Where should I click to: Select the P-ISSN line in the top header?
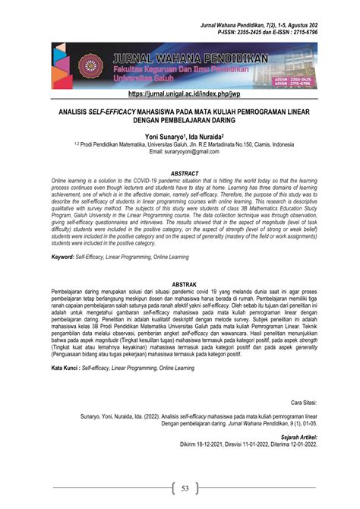pyautogui.click(x=289, y=33)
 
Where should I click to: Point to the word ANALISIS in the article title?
pyautogui.click(x=77, y=111)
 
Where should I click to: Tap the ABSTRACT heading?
pyautogui.click(x=180, y=173)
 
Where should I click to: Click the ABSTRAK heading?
pyautogui.click(x=180, y=284)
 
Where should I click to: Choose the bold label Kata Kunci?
pyautogui.click(x=65, y=368)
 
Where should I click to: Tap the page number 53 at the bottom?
pyautogui.click(x=180, y=488)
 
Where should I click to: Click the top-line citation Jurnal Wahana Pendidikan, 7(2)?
pyautogui.click(x=250, y=26)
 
